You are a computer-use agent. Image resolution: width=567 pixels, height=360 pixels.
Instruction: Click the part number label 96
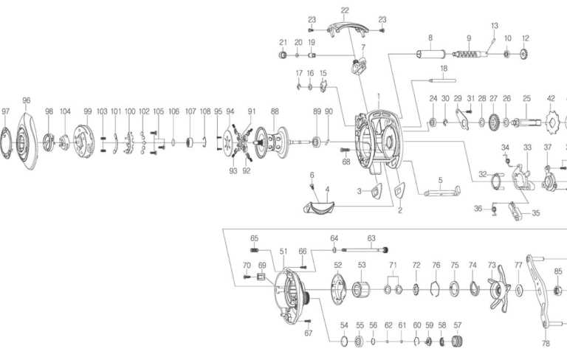click(27, 100)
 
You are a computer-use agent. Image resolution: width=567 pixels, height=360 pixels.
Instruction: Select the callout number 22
click(345, 10)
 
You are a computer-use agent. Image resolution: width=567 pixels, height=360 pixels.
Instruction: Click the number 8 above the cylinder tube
click(430, 37)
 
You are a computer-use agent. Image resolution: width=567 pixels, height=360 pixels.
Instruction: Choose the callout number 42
click(551, 98)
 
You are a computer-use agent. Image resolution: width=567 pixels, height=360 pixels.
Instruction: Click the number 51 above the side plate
click(283, 252)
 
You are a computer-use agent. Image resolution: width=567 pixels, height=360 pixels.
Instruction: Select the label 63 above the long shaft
click(371, 238)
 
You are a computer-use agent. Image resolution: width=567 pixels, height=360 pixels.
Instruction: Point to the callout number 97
click(6, 111)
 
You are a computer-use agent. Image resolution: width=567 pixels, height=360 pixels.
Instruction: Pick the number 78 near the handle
click(546, 344)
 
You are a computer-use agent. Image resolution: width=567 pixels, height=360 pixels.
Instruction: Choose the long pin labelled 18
click(444, 79)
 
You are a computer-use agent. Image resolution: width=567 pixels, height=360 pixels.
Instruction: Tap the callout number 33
click(527, 148)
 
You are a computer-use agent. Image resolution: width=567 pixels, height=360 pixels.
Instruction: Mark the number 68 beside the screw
click(346, 162)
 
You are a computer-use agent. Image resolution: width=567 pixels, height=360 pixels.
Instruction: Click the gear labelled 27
click(493, 121)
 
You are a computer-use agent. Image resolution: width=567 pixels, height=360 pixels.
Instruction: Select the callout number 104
click(65, 111)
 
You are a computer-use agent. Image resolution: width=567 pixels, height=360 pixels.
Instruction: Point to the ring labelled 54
click(344, 341)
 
